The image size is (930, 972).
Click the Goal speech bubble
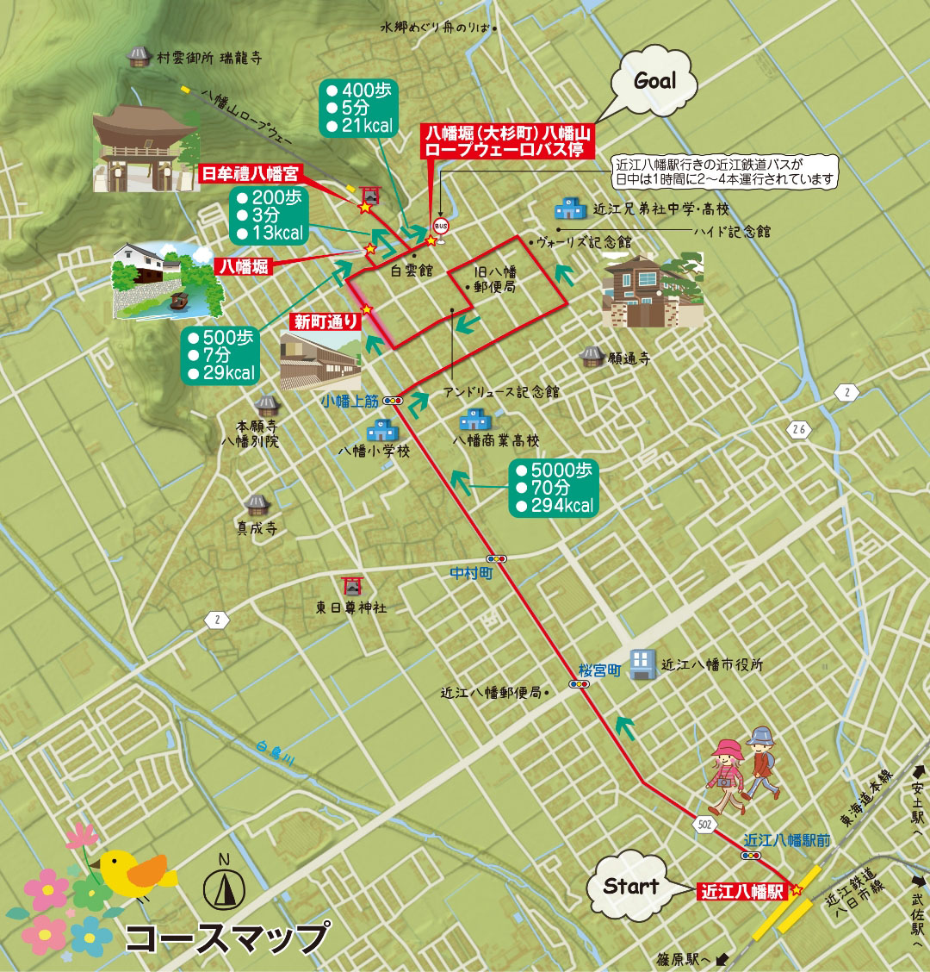654,81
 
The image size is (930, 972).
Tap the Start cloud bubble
630,886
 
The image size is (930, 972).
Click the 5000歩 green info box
554,488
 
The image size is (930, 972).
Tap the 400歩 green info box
356,108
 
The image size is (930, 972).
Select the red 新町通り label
325,322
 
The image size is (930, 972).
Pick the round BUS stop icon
441,227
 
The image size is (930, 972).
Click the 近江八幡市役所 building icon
642,664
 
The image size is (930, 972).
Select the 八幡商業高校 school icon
473,421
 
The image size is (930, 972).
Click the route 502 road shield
705,825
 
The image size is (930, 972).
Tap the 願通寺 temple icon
591,355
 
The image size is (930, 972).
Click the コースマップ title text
227,938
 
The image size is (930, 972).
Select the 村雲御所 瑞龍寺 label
208,58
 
